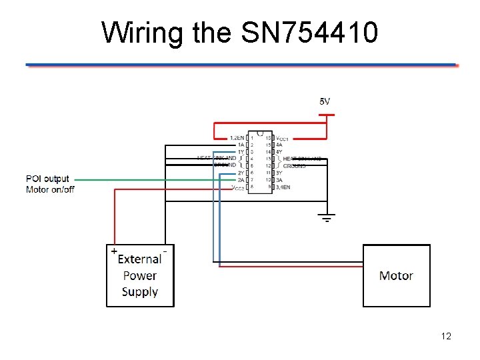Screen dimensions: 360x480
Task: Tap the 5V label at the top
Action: point(325,101)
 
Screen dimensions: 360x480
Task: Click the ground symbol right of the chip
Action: point(327,217)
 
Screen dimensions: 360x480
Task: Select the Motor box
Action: point(396,275)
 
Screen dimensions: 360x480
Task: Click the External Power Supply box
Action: point(140,276)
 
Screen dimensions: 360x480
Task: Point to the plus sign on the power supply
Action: point(114,251)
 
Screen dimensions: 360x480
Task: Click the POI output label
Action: point(47,179)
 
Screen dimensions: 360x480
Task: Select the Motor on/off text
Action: point(50,189)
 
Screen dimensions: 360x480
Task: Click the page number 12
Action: point(446,336)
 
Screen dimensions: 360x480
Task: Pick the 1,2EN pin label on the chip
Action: point(237,138)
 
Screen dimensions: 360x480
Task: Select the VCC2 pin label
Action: point(237,188)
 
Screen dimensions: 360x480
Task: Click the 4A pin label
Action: point(279,145)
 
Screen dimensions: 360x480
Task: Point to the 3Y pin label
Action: point(279,173)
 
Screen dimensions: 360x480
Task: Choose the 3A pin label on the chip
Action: point(279,180)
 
